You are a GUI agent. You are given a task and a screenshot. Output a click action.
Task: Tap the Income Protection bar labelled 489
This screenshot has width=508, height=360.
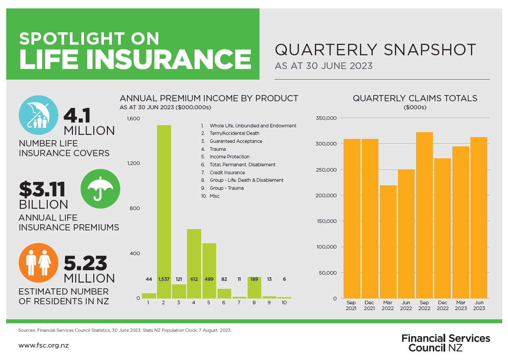[x=209, y=270]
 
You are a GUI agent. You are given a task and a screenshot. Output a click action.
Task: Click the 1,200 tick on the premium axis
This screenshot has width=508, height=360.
[x=133, y=163]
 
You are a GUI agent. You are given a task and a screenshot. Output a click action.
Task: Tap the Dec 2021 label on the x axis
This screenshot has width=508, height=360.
[x=370, y=305]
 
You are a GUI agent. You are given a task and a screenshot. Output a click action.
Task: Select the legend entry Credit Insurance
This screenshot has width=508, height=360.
[x=227, y=172]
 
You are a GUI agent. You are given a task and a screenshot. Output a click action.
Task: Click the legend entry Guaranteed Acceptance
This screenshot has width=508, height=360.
[x=236, y=141]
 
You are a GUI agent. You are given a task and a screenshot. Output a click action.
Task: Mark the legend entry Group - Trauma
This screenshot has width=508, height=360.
[x=226, y=188]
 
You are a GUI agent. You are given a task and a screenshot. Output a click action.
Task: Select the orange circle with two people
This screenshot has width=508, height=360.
[x=38, y=263]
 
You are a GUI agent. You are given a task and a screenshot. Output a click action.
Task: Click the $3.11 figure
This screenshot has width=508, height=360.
[x=42, y=189]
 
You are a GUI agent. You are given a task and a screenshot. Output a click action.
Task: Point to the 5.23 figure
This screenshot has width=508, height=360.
[x=85, y=263]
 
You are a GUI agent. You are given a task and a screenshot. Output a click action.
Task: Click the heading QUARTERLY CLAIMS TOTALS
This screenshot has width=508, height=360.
[x=415, y=98]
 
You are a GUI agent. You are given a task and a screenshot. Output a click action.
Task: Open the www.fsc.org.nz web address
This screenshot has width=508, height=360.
[x=43, y=345]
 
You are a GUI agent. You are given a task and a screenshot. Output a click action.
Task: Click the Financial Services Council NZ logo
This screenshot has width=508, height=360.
[x=445, y=343]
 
